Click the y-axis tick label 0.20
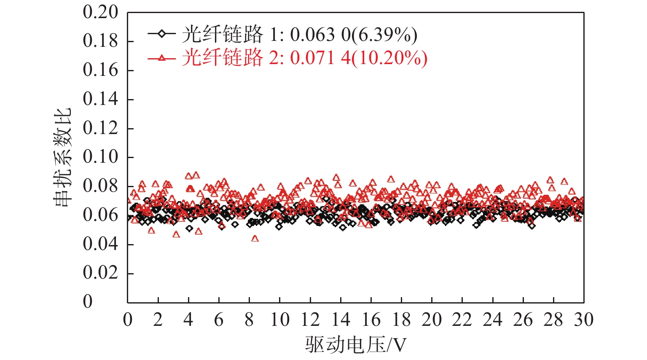pyautogui.click(x=100, y=12)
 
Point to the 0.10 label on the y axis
pyautogui.click(x=100, y=157)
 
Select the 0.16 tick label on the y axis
pyautogui.click(x=100, y=70)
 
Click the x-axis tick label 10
pyautogui.click(x=280, y=320)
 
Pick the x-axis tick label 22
pyautogui.click(x=462, y=320)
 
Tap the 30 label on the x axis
pyautogui.click(x=584, y=320)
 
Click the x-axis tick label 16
pyautogui.click(x=371, y=320)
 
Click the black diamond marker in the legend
pyautogui.click(x=161, y=34)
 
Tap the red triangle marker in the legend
pyautogui.click(x=161, y=58)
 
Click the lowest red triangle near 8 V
pyautogui.click(x=255, y=239)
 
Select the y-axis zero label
pyautogui.click(x=88, y=301)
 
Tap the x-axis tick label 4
pyautogui.click(x=188, y=320)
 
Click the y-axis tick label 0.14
pyautogui.click(x=100, y=99)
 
